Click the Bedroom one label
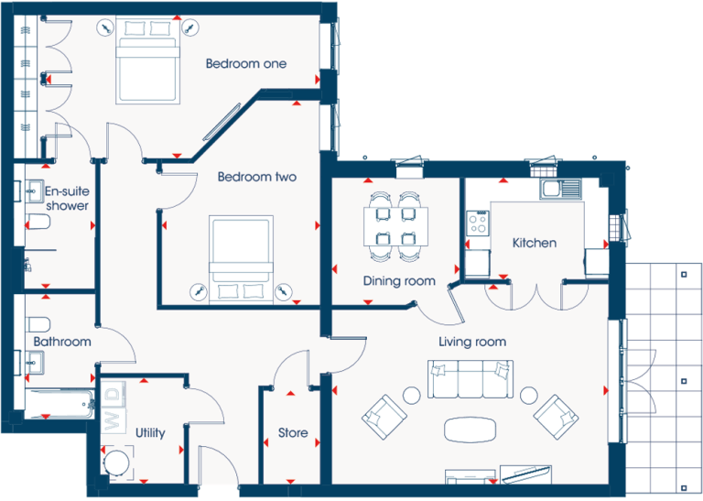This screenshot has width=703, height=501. [245, 64]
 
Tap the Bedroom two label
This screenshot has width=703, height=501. [257, 177]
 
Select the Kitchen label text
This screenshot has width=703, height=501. [535, 243]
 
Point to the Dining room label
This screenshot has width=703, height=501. [399, 281]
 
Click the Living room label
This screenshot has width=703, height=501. [472, 343]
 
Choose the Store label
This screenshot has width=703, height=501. [293, 433]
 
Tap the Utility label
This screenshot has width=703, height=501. [150, 433]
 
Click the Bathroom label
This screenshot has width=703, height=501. [62, 342]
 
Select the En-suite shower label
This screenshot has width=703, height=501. [67, 199]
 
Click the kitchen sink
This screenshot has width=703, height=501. [560, 189]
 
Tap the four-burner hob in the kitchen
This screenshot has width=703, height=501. [478, 223]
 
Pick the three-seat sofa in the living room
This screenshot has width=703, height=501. [470, 379]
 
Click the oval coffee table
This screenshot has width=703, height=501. [470, 430]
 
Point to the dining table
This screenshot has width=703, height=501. [395, 226]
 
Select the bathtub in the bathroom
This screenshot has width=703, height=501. [59, 404]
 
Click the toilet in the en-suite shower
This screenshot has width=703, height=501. [38, 222]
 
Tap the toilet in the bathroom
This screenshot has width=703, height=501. [38, 324]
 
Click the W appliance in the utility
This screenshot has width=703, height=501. [113, 419]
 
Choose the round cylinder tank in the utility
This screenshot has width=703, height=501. [117, 463]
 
